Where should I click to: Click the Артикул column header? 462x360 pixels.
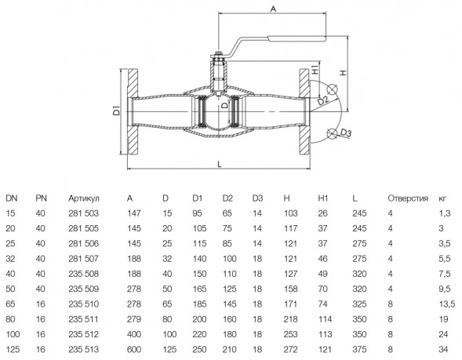(x=84, y=198)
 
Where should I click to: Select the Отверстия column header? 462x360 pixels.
(x=408, y=198)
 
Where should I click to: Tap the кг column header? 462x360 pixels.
(x=442, y=198)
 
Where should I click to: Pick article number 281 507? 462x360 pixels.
(x=84, y=259)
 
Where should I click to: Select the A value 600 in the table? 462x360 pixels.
(x=134, y=349)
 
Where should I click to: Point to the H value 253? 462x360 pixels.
(x=290, y=334)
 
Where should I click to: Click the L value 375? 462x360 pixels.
(x=359, y=349)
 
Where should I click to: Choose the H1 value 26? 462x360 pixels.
(x=323, y=213)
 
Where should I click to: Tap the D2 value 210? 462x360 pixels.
(x=229, y=349)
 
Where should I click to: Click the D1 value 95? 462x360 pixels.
(x=197, y=213)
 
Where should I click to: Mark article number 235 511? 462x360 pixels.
(x=84, y=319)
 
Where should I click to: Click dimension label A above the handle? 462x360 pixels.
(x=274, y=9)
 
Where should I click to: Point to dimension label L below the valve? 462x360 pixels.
(x=219, y=164)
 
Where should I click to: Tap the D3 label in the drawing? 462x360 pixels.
(x=346, y=133)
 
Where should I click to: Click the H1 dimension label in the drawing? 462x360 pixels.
(x=315, y=70)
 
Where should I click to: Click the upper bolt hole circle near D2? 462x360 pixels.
(x=333, y=89)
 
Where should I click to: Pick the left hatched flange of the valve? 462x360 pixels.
(x=133, y=111)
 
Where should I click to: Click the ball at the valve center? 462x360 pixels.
(x=218, y=111)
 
